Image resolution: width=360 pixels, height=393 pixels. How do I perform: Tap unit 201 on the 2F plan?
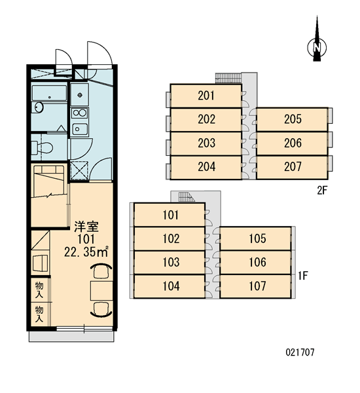pos(206,96)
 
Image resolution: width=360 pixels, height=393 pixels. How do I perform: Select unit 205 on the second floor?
pos(293,119)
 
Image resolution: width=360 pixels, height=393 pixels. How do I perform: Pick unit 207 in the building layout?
pos(293,167)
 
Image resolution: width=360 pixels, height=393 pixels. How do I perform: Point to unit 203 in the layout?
pos(206,143)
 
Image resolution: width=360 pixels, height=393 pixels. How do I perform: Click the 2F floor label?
pos(322,191)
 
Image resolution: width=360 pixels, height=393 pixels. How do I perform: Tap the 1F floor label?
pos(303,276)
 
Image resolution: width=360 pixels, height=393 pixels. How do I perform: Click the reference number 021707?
pos(300,352)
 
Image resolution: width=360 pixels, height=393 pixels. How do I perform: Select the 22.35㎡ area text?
pos(86,252)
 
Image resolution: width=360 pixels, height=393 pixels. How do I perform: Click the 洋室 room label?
pos(86,227)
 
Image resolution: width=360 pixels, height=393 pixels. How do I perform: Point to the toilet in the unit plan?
pos(42,147)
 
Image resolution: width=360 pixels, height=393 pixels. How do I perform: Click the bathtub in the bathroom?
pos(49,93)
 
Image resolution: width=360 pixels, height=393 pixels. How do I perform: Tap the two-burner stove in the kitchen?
pos(80,113)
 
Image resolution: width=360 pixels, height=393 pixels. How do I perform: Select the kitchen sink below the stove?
pos(80,129)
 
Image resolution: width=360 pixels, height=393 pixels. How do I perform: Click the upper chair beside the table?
pos(101,271)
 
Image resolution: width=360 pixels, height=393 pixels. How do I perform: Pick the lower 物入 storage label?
pos(39,314)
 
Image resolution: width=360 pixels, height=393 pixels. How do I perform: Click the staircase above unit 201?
pos(228,78)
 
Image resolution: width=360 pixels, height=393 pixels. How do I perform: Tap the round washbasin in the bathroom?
pos(39,107)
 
